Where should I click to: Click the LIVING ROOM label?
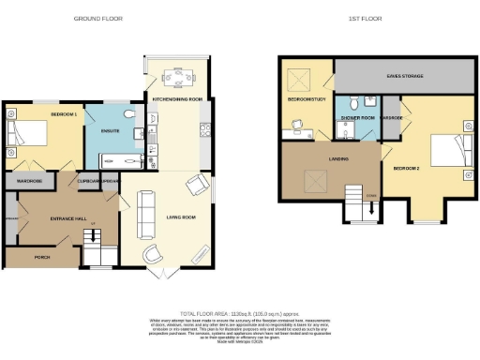tap(180, 217)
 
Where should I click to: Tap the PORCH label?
tap(41, 256)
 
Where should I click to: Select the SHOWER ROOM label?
tap(356, 118)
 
